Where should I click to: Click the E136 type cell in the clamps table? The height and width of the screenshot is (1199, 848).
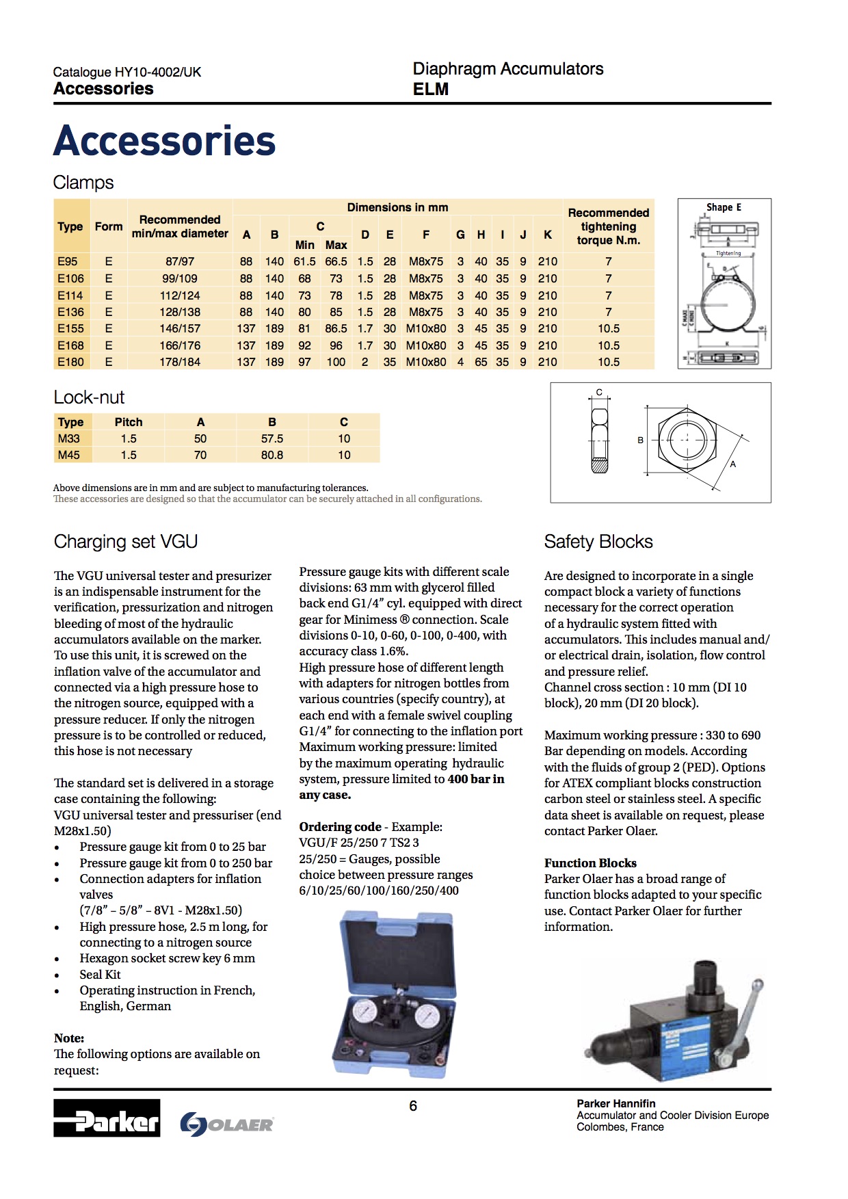pyautogui.click(x=70, y=312)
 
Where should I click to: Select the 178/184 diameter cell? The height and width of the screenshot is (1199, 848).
pyautogui.click(x=180, y=362)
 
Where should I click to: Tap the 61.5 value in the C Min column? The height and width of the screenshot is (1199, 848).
pyautogui.click(x=304, y=261)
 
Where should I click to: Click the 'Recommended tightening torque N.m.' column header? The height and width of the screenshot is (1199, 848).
pyautogui.click(x=608, y=226)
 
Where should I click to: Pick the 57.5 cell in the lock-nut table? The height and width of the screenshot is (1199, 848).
pyautogui.click(x=271, y=438)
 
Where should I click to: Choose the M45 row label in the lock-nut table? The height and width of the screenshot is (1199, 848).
pyautogui.click(x=68, y=455)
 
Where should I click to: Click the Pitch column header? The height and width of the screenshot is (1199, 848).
pyautogui.click(x=129, y=422)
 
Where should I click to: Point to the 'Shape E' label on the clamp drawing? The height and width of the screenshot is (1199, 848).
pyautogui.click(x=724, y=207)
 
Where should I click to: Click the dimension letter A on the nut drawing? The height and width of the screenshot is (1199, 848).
pyautogui.click(x=732, y=464)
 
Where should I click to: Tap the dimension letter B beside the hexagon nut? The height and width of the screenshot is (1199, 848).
pyautogui.click(x=640, y=440)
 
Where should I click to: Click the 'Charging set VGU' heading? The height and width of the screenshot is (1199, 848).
pyautogui.click(x=126, y=542)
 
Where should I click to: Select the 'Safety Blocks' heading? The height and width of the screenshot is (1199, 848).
pyautogui.click(x=598, y=542)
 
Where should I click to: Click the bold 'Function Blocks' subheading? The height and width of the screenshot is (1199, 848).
pyautogui.click(x=590, y=863)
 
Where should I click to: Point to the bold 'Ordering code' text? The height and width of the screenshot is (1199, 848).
pyautogui.click(x=340, y=827)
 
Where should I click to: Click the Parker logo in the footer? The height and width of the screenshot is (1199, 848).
pyautogui.click(x=107, y=1118)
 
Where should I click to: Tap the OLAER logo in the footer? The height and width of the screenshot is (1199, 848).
pyautogui.click(x=227, y=1124)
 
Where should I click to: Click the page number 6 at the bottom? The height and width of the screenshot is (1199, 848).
pyautogui.click(x=413, y=1106)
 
